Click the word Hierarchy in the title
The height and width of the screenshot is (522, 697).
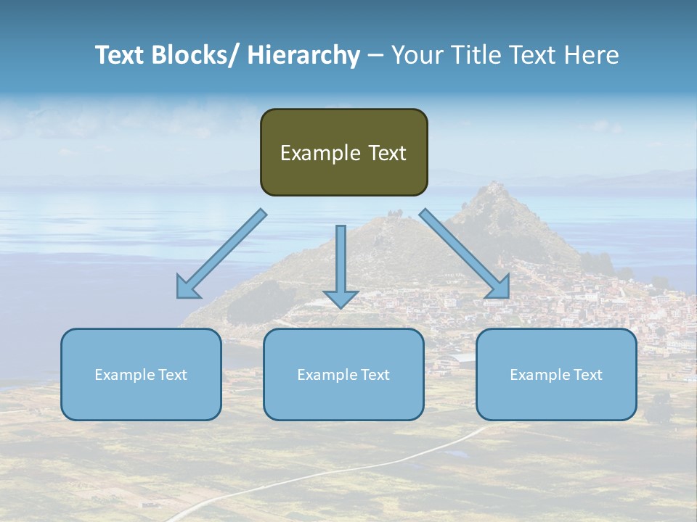(303, 56)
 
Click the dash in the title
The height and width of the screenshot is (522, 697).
(375, 56)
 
